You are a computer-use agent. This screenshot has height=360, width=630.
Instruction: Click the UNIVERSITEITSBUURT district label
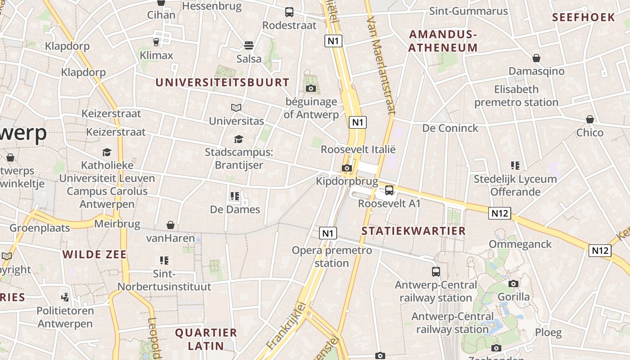[222, 82]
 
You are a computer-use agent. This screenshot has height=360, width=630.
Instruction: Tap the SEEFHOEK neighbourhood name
[583, 18]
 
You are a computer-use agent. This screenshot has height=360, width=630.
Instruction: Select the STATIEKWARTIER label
[414, 231]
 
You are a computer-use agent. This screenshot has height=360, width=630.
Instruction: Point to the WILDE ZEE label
[94, 254]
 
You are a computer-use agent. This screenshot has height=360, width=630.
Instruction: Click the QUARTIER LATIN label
[206, 339]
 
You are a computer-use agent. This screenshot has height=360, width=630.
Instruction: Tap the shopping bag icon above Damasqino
[536, 58]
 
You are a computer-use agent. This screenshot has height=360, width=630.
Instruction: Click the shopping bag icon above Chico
[590, 119]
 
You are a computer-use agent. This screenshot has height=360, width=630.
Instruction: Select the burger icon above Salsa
[249, 45]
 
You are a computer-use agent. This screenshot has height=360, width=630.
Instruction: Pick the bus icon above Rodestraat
[289, 12]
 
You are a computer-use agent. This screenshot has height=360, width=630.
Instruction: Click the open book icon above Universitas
[236, 108]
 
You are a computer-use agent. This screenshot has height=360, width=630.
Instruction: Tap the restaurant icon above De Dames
[234, 196]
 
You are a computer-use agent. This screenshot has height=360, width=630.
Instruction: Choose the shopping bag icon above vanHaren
[171, 225]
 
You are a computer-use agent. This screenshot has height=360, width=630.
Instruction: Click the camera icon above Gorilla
[513, 283]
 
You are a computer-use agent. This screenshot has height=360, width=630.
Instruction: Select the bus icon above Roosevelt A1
[389, 190]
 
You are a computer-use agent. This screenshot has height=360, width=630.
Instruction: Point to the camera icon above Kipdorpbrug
[346, 168]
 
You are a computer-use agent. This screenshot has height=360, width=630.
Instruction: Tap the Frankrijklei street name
[286, 326]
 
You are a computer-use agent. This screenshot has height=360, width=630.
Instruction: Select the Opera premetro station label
[332, 256]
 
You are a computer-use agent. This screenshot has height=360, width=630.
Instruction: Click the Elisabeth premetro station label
[516, 96]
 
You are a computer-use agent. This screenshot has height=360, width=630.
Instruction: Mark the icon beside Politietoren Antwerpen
[65, 297]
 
